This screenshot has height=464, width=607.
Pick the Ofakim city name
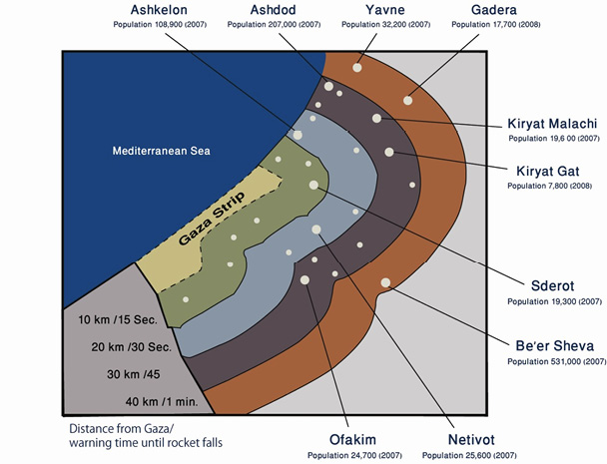coord(353,438)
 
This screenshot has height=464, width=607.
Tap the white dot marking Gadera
coord(407,100)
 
